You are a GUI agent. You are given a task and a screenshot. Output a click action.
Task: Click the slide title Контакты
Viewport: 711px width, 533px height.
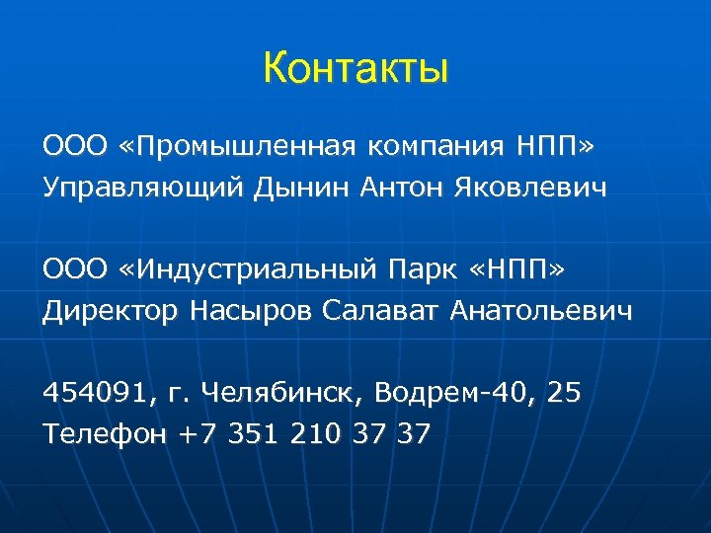pos(355,70)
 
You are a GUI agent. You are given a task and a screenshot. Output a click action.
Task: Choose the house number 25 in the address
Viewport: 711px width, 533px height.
pos(564,394)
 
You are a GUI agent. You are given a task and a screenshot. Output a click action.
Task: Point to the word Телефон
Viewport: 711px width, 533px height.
pos(105,434)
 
